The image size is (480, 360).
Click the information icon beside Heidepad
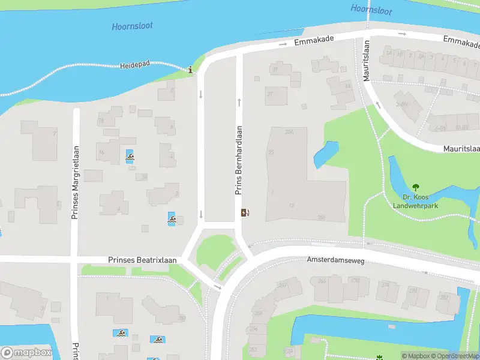[191, 70]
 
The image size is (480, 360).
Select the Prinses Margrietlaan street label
[75, 182]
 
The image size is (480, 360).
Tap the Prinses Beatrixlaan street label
[142, 260]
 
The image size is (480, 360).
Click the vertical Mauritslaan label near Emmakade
[367, 59]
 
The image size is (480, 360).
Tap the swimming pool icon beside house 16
[130, 158]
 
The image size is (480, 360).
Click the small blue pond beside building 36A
[325, 155]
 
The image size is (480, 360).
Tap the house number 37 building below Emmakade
[276, 95]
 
